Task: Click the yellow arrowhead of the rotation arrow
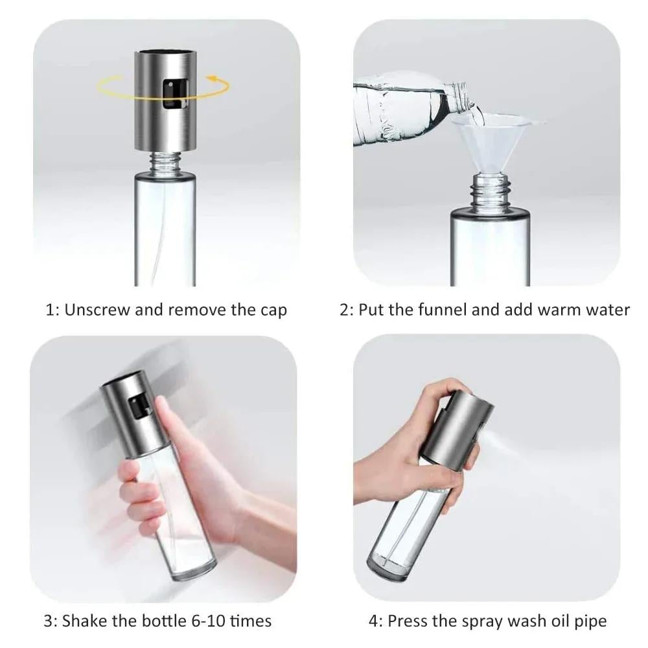coord(212,78)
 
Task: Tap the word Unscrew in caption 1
coord(97,310)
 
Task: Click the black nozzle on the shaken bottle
coord(137,406)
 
